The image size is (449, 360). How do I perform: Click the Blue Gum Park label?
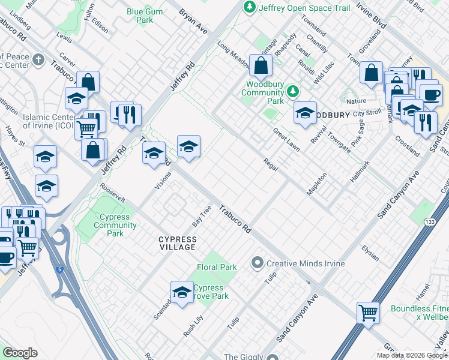[x=140, y=16]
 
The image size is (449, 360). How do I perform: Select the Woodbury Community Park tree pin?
[x=292, y=91]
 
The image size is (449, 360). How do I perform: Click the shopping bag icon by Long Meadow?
[x=260, y=67]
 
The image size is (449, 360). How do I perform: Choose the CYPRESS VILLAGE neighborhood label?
[x=177, y=243]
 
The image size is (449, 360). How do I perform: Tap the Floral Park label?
[x=217, y=267]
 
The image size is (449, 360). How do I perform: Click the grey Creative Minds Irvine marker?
[x=258, y=263]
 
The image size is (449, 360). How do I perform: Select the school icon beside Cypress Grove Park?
[x=181, y=293]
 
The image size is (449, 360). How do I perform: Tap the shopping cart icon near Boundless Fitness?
[x=368, y=313]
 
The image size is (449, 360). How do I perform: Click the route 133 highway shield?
[x=427, y=222]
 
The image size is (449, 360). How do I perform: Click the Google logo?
[x=20, y=353]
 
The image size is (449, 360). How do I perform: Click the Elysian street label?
[x=370, y=253]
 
